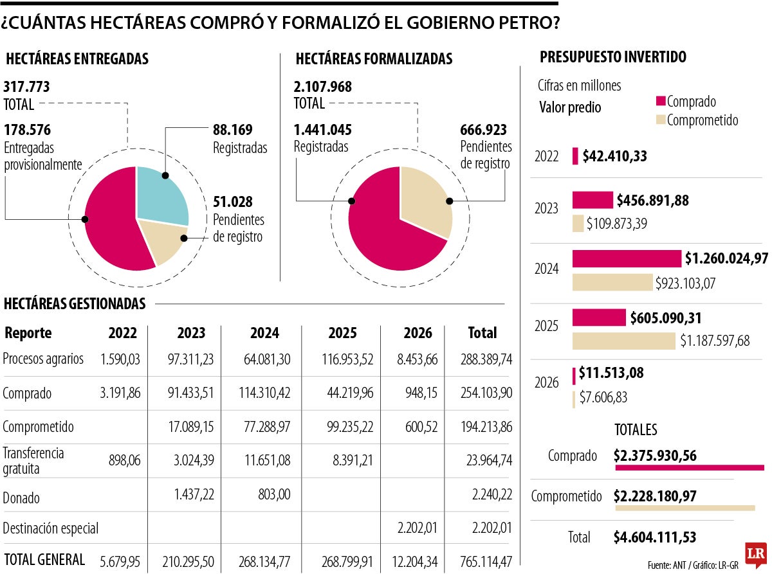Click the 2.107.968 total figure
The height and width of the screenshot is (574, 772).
[x=323, y=87]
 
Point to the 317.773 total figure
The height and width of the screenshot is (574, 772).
[x=26, y=87]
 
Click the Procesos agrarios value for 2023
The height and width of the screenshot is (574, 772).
[x=192, y=359]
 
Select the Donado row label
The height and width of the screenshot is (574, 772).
[x=21, y=498]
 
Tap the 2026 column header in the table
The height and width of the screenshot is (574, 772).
[x=418, y=333]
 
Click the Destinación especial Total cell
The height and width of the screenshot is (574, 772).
[x=491, y=528]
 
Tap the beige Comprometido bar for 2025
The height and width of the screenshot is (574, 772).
[x=623, y=341]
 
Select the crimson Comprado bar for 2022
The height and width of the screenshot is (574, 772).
[x=575, y=156]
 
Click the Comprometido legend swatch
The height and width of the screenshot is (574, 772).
[x=660, y=120]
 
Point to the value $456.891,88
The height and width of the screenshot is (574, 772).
[x=652, y=201]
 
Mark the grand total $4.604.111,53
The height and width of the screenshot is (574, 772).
[x=654, y=537]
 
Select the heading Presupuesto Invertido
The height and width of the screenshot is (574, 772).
[x=612, y=57]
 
